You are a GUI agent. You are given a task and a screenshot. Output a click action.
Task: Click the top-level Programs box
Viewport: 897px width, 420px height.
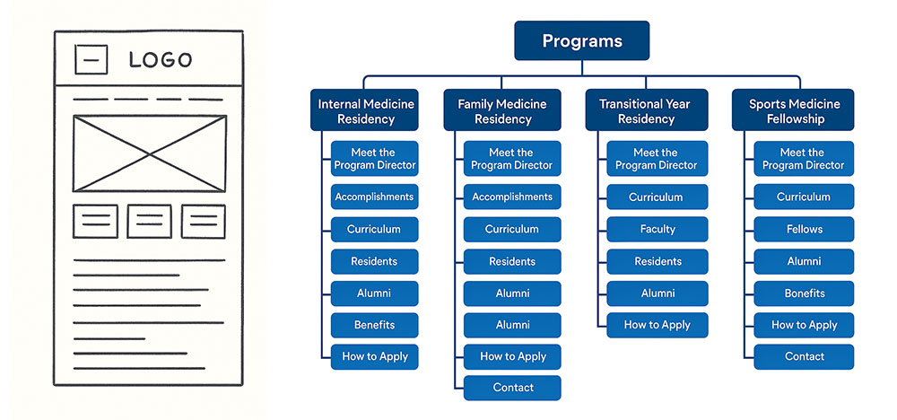(x=581, y=41)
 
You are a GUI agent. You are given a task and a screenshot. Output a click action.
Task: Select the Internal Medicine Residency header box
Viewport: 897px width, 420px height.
(x=366, y=110)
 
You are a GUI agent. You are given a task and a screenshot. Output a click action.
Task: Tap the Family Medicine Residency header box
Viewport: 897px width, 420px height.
(x=502, y=110)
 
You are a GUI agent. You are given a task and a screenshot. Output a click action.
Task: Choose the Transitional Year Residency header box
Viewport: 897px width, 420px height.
(x=645, y=110)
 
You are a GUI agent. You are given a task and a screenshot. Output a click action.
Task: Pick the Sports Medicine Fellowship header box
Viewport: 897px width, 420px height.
(x=793, y=110)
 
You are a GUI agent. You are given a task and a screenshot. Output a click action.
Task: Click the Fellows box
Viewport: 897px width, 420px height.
(x=804, y=229)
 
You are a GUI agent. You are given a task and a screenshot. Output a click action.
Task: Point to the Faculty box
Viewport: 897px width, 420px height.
(x=657, y=229)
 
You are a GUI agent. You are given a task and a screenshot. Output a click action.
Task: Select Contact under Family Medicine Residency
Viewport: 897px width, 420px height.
(x=512, y=388)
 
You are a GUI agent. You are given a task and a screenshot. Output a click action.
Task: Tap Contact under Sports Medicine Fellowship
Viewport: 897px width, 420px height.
(x=804, y=356)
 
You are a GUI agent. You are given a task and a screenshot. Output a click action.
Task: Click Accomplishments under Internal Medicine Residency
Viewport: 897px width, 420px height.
(x=374, y=197)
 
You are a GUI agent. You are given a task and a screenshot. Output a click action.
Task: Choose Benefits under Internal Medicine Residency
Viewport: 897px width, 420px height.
(x=374, y=325)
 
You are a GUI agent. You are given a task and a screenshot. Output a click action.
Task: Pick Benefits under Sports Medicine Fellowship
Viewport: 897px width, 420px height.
(x=804, y=293)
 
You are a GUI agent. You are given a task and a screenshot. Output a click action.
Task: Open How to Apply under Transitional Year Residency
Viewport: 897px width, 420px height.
(x=657, y=325)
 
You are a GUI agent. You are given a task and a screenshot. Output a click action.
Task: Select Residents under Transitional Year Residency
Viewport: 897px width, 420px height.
(x=657, y=261)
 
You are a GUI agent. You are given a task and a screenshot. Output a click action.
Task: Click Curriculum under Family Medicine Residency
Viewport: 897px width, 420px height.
(x=512, y=229)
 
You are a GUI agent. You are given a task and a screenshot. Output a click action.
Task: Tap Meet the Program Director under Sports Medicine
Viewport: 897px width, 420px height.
(x=804, y=159)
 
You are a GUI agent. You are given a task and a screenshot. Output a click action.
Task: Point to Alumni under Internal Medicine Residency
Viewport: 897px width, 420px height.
(x=374, y=293)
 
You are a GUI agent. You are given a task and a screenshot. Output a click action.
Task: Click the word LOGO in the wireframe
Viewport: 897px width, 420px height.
(x=161, y=60)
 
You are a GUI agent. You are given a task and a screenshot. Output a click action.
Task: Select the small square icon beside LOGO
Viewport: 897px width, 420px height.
(x=91, y=60)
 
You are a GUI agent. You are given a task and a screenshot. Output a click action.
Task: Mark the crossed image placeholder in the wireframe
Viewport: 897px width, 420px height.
(x=149, y=153)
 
